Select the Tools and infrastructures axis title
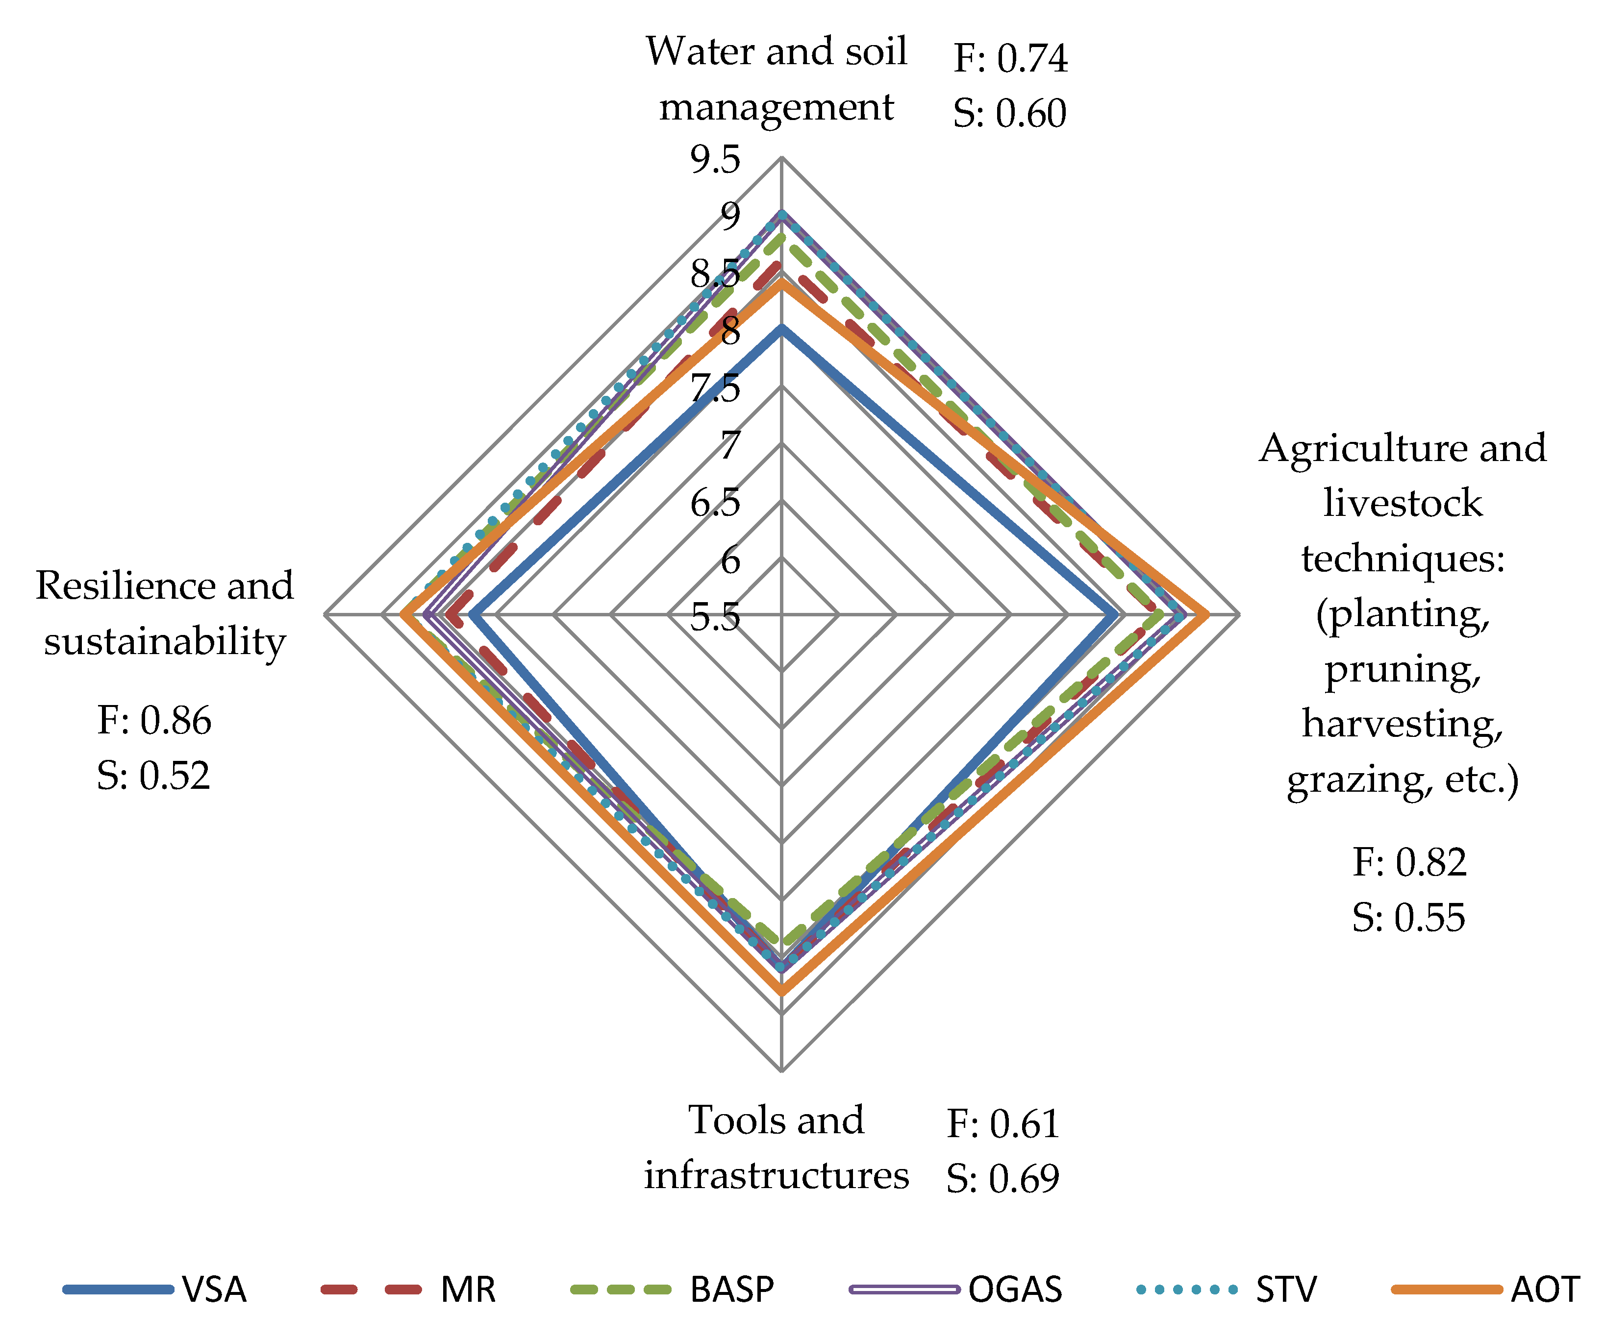776,1147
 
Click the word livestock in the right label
1403,503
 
